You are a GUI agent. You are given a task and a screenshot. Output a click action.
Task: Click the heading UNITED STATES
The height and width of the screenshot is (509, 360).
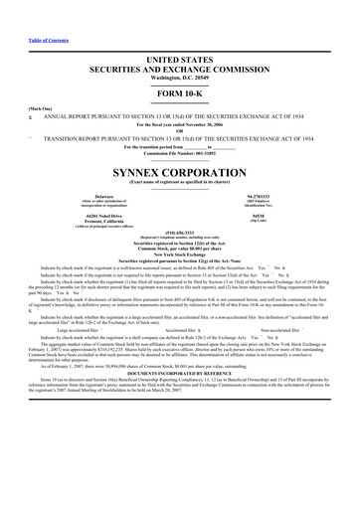[x=179, y=59]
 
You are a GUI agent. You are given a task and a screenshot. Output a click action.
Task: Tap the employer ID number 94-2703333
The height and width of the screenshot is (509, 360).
[x=258, y=196]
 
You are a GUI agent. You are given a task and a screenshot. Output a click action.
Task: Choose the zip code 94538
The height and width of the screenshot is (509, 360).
[x=258, y=216]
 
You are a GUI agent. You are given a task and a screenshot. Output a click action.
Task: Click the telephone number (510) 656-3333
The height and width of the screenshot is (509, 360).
[x=179, y=235]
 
